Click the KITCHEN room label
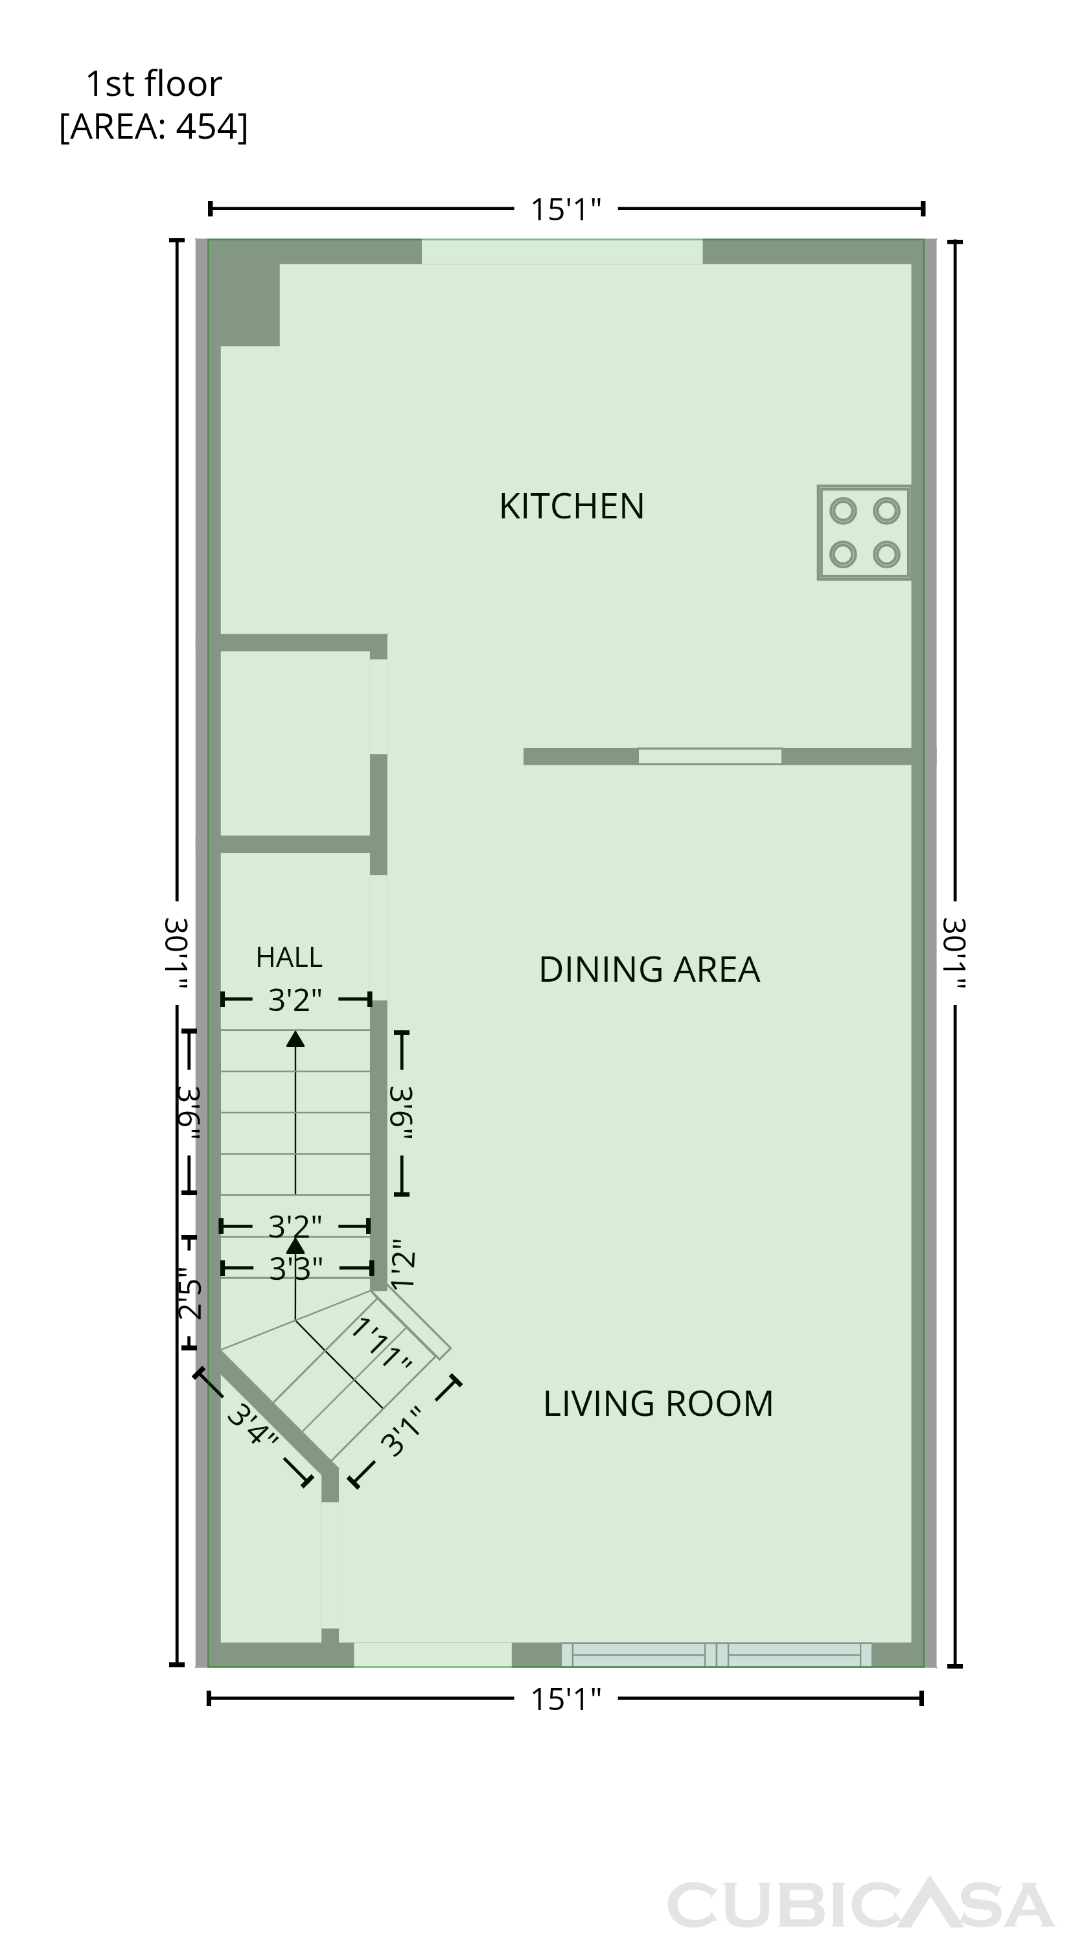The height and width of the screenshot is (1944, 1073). pyautogui.click(x=571, y=505)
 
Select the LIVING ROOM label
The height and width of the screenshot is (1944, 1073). pyautogui.click(x=658, y=1404)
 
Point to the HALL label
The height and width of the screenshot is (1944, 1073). pyautogui.click(x=289, y=957)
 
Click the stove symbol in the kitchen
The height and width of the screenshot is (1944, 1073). pyautogui.click(x=864, y=533)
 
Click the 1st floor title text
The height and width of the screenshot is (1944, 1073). pyautogui.click(x=154, y=84)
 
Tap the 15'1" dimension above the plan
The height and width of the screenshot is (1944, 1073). pyautogui.click(x=566, y=210)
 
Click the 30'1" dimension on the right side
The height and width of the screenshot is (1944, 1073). pyautogui.click(x=954, y=953)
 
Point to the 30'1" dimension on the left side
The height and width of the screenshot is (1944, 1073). pyautogui.click(x=177, y=953)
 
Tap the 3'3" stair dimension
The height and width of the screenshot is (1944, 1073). pyautogui.click(x=296, y=1269)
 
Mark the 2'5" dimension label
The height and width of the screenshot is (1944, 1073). pyautogui.click(x=189, y=1297)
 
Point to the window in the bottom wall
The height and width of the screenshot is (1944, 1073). pyautogui.click(x=716, y=1654)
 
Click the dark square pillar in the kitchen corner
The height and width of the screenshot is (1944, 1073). pyautogui.click(x=244, y=299)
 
